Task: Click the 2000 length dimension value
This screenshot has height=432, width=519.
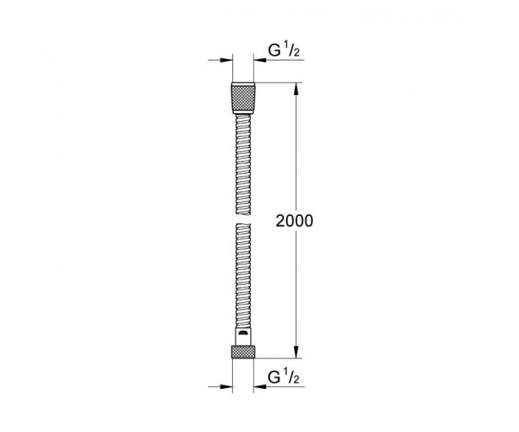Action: click(294, 221)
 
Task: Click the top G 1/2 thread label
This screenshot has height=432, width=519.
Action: click(283, 51)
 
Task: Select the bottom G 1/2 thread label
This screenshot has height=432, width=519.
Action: click(283, 377)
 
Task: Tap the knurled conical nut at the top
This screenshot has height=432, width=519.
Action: click(244, 98)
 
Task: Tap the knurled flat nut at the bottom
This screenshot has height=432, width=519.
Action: click(244, 352)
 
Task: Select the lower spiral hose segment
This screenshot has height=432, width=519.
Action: click(244, 275)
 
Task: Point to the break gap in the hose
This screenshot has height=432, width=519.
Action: click(244, 220)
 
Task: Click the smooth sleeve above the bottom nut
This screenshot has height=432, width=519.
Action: click(244, 337)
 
